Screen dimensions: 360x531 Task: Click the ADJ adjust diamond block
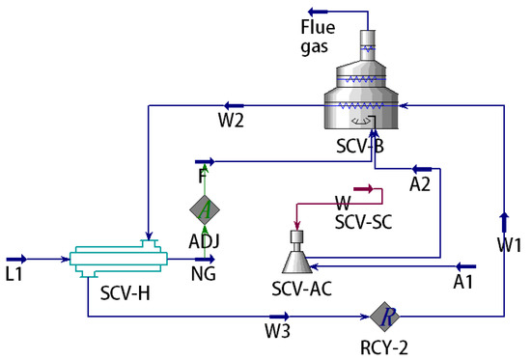coord(203,208)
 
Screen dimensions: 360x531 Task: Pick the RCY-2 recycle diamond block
coord(384,315)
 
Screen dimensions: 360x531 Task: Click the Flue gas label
coord(318,33)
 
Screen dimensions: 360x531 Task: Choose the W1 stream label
coord(510,245)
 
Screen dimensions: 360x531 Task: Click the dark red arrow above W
coord(363,189)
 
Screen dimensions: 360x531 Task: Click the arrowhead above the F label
coord(204,162)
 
